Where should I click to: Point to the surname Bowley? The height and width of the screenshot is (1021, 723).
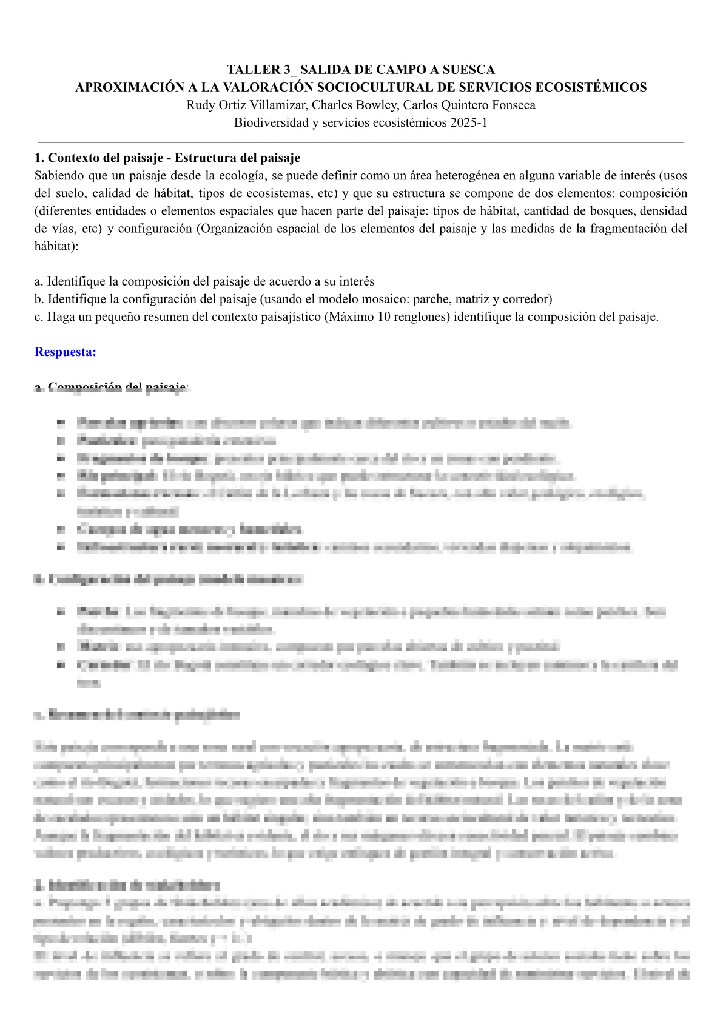tap(375, 105)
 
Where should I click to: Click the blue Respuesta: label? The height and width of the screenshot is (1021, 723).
tap(66, 352)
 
